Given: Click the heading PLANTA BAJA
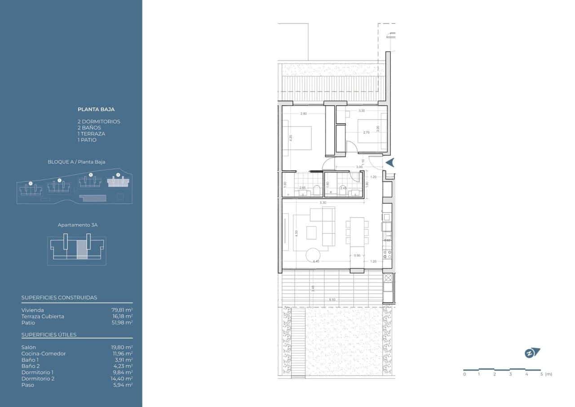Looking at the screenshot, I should pos(96,109).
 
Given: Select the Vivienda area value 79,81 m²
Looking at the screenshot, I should pos(122,310).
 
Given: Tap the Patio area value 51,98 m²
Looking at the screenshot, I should pos(122,322).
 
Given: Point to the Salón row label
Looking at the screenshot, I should pos(28,347).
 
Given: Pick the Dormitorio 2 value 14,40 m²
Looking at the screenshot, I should pos(122,379).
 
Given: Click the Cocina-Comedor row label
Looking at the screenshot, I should pos(43,353).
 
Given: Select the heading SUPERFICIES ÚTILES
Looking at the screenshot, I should pos(49,335).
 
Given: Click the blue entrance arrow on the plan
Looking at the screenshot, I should pos(389,163).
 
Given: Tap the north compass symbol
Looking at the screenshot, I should pos(532,353).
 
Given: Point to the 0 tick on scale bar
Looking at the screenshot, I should pos(464,374).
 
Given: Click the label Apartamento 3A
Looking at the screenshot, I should pos(76,224).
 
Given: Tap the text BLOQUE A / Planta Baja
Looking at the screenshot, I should pos(76,162).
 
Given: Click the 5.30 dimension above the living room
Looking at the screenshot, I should pos(323,202).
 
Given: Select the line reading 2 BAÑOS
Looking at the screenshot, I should pos(89,128).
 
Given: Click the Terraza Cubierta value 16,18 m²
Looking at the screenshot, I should pos(122,316).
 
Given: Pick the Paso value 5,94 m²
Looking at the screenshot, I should pos(123,385).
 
